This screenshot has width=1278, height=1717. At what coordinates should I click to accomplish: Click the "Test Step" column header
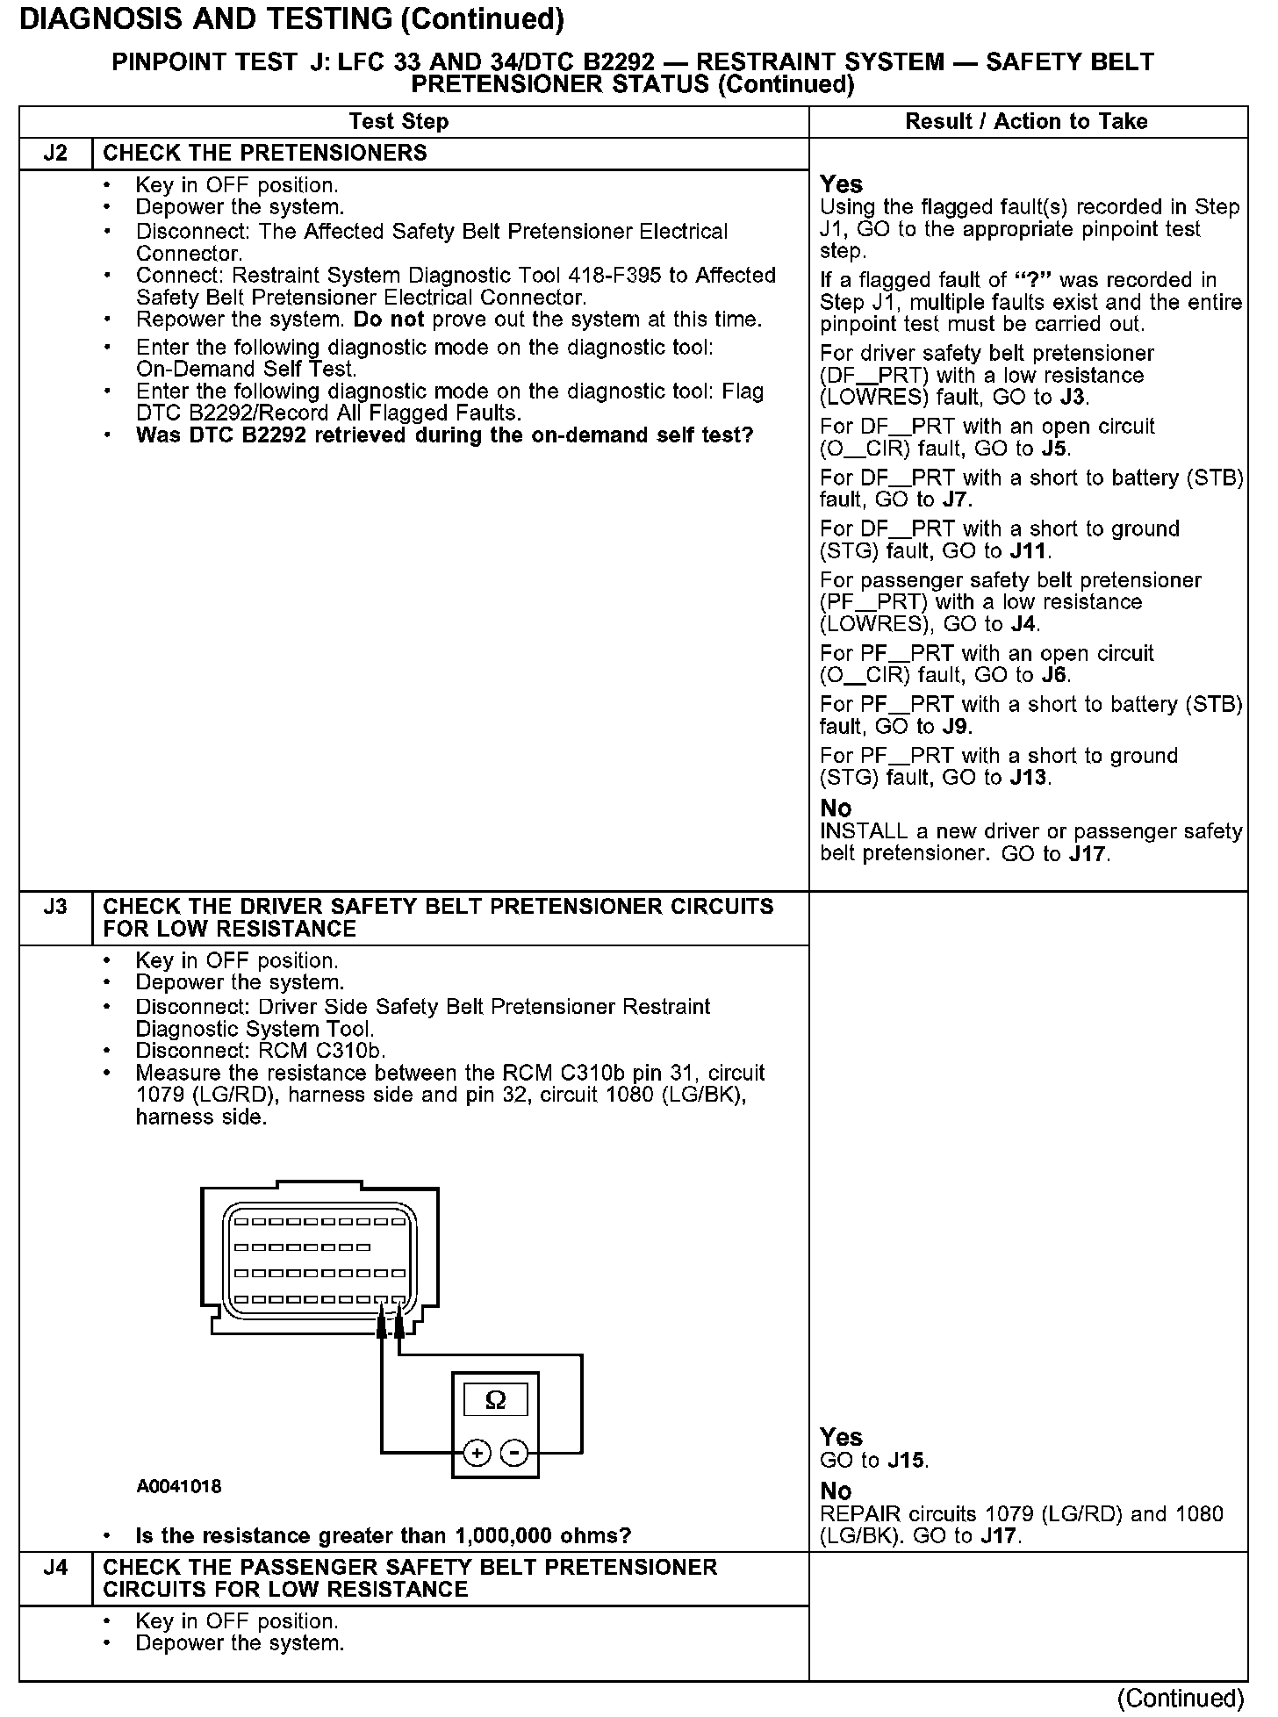(398, 121)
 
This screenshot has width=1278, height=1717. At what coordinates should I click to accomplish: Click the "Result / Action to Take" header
(1026, 121)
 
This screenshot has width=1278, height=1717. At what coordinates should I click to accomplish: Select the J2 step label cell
(55, 154)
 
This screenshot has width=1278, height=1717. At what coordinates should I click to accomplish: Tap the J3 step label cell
(55, 907)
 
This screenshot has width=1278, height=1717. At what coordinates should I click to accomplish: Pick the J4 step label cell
(55, 1568)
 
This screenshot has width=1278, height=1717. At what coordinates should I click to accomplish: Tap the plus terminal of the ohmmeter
(477, 1454)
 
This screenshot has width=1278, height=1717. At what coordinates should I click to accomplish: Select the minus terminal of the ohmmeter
(513, 1454)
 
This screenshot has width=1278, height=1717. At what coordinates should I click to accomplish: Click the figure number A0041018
(179, 1486)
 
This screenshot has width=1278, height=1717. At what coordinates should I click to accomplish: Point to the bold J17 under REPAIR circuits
(1000, 1536)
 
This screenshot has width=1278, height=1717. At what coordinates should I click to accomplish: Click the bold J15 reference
(906, 1461)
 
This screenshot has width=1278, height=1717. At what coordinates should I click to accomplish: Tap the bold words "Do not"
(389, 320)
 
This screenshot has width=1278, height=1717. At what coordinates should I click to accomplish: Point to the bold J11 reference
(1029, 551)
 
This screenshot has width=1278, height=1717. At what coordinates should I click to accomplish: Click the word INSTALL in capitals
(861, 831)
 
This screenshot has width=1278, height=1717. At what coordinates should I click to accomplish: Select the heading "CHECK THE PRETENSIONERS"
(265, 154)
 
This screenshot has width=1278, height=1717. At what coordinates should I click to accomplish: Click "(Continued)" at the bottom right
(1181, 1699)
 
